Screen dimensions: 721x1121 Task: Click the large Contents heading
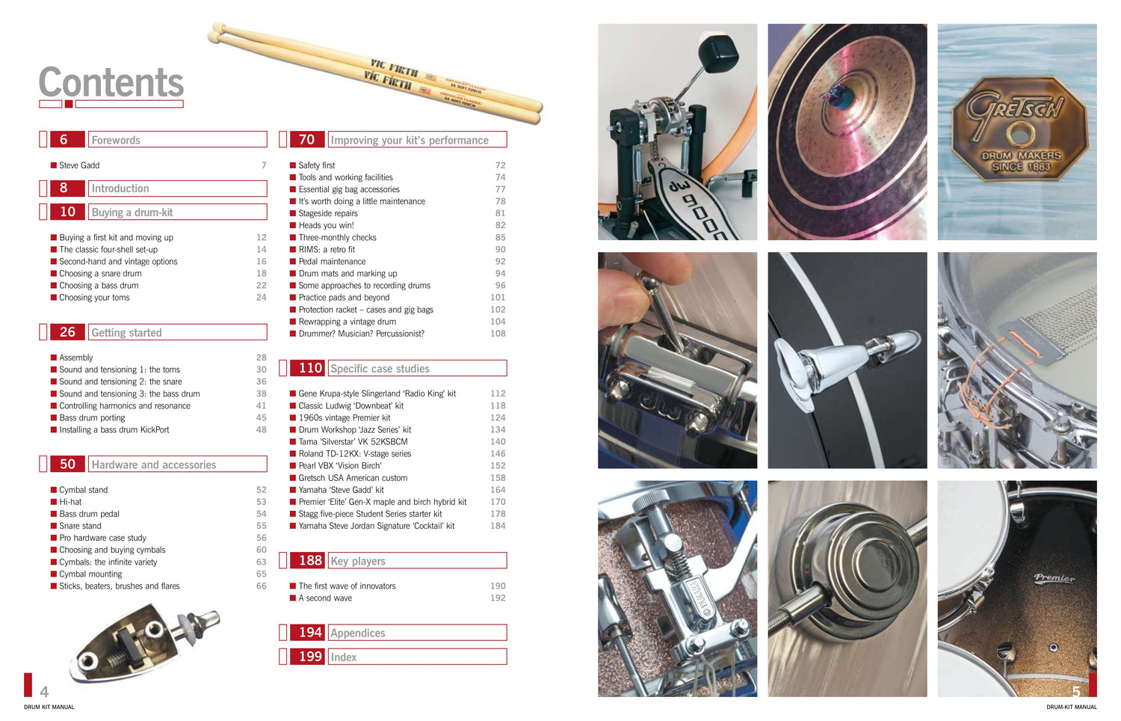[111, 82]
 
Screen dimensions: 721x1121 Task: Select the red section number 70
[306, 140]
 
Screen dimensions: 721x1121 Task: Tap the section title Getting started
[126, 333]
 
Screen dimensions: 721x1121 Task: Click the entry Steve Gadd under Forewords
[79, 165]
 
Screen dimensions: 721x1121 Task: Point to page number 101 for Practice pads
[498, 298]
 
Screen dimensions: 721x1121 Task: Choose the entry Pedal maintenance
[332, 262]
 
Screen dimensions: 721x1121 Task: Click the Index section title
[343, 657]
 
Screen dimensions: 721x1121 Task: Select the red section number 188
[310, 561]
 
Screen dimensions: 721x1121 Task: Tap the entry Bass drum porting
[92, 418]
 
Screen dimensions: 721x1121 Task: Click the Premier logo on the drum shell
[1054, 578]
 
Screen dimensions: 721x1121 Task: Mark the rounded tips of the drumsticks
[217, 31]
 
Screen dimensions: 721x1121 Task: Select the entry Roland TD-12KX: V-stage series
[354, 454]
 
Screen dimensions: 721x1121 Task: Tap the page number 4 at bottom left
[44, 692]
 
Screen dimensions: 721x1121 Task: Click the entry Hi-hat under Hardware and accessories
[70, 503]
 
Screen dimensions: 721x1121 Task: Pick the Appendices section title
[357, 633]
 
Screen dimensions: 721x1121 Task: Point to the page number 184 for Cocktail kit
[498, 527]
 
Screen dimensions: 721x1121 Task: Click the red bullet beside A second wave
[293, 598]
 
